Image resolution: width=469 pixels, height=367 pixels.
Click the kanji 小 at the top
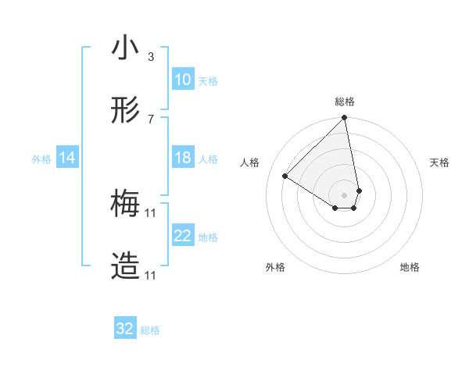[125, 48]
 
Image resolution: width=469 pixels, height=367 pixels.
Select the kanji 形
[125, 110]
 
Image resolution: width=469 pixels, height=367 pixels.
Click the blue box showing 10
[182, 80]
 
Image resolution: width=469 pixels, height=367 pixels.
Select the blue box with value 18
[182, 159]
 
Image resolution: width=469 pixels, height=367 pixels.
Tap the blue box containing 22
[182, 237]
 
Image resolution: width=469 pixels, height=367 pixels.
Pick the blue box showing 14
[67, 159]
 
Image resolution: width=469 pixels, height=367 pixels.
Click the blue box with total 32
[125, 329]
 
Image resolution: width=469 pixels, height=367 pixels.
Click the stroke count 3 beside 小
[151, 57]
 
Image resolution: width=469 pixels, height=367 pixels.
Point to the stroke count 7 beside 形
[151, 119]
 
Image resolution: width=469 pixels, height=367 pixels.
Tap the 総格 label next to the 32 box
[150, 330]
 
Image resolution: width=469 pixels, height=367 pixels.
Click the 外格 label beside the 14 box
[41, 159]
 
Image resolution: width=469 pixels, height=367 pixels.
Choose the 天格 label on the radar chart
[440, 162]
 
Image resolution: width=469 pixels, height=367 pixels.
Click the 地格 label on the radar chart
[410, 268]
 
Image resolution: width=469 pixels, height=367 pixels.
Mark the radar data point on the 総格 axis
[344, 118]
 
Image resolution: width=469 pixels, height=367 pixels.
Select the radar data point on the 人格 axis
[285, 176]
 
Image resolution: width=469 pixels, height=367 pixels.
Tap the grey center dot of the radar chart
[344, 194]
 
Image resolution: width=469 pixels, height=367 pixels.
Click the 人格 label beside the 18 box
[208, 159]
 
